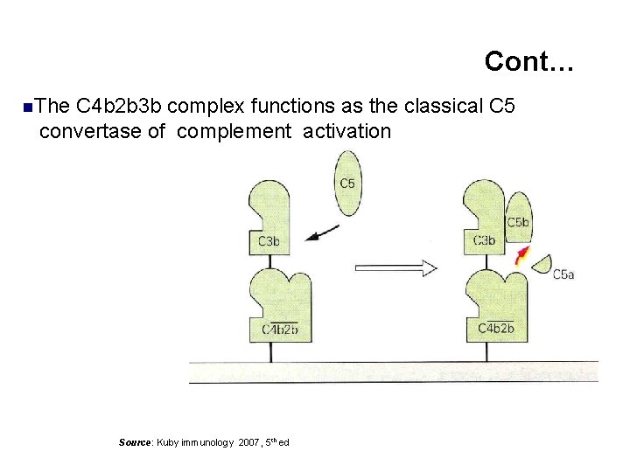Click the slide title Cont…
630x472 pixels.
(x=529, y=61)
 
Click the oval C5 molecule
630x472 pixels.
(x=346, y=183)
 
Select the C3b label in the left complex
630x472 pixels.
(x=269, y=241)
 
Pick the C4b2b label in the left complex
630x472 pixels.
(x=280, y=329)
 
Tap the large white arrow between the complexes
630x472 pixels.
(x=395, y=267)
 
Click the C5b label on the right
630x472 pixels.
(x=518, y=223)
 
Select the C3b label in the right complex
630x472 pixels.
(x=484, y=241)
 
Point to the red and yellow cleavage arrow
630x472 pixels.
(x=522, y=255)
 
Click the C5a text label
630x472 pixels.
(x=563, y=274)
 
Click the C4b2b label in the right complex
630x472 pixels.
(x=495, y=329)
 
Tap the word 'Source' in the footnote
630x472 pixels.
(x=136, y=442)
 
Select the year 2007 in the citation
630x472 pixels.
(x=249, y=442)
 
